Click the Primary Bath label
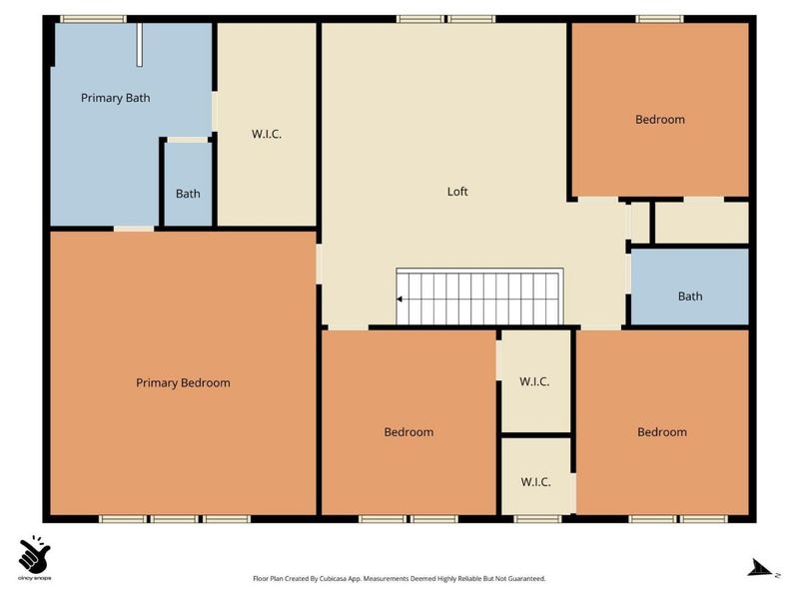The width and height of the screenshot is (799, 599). tap(116, 98)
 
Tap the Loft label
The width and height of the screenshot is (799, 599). tap(457, 192)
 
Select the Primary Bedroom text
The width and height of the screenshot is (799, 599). tap(183, 383)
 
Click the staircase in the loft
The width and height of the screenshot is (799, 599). tap(480, 297)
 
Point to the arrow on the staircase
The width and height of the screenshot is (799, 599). tap(400, 299)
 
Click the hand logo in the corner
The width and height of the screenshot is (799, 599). tap(34, 554)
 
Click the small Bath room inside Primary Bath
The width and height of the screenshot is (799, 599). tap(188, 185)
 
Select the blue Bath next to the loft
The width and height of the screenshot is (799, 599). tap(690, 287)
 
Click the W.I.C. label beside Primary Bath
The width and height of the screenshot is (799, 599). tap(267, 135)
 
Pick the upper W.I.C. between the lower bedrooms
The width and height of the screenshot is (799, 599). tap(534, 381)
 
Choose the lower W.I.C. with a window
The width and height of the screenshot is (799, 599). tap(536, 476)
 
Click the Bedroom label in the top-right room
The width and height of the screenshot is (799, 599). tap(660, 120)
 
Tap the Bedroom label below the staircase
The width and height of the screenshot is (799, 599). tap(408, 432)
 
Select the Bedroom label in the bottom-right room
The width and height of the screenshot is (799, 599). tap(662, 432)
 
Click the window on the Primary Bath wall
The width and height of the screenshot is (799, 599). tap(93, 19)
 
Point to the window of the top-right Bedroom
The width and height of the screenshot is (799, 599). tap(660, 19)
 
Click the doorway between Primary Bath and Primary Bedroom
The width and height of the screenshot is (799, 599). tap(134, 229)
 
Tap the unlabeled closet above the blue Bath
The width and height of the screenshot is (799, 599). tap(702, 223)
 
